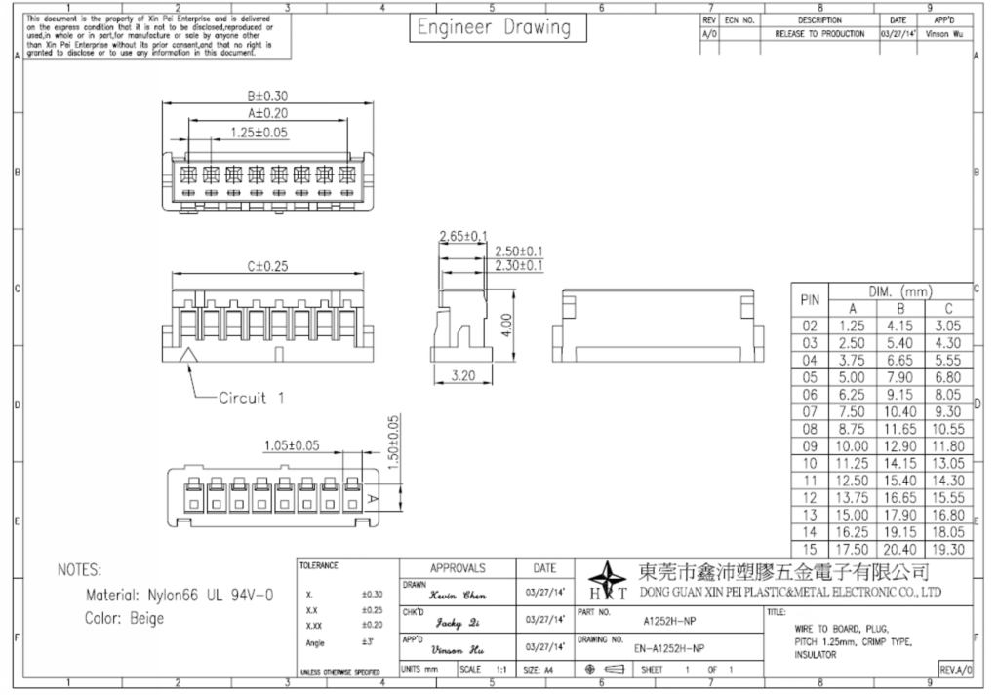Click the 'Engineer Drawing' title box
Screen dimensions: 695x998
click(x=493, y=29)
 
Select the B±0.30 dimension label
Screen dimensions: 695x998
click(x=266, y=96)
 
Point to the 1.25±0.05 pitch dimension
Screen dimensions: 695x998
click(x=259, y=132)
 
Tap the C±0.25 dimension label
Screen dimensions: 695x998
click(x=259, y=265)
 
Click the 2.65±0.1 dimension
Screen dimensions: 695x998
click(x=464, y=237)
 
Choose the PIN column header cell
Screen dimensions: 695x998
click(x=810, y=300)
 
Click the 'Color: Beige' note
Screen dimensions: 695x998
click(x=125, y=619)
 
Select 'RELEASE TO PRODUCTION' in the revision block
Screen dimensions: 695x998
click(x=818, y=33)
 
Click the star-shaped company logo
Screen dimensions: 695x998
click(x=604, y=579)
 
